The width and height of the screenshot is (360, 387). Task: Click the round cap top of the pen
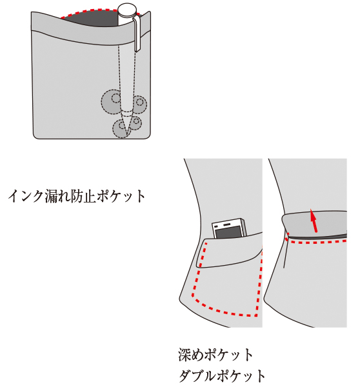pos(127,9)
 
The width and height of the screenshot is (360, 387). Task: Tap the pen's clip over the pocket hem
pos(138,34)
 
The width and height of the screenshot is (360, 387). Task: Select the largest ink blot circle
pos(112,101)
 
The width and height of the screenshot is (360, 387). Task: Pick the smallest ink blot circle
pos(135,123)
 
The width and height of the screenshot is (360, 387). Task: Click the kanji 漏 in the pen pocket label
pos(52,197)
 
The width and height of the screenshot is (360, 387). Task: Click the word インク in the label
pos(26,197)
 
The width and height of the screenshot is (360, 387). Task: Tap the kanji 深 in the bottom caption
pos(185,355)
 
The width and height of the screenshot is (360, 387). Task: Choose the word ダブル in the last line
pos(197,376)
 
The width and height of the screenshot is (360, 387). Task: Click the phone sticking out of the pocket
pos(230,228)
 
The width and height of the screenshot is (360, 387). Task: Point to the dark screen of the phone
pos(228,232)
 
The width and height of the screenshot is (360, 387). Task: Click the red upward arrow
pos(314,221)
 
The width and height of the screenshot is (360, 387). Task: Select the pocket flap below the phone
pos(230,251)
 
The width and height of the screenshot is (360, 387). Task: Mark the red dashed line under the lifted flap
pos(316,241)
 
